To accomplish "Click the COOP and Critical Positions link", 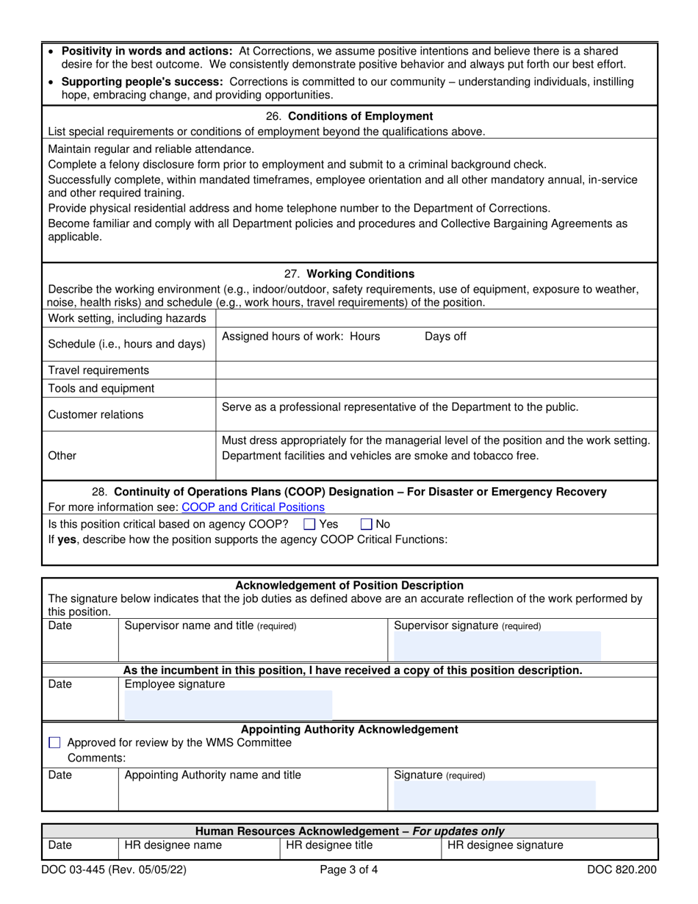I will click(253, 507).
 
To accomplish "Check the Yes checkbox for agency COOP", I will click(309, 524).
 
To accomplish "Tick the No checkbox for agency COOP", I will click(367, 524).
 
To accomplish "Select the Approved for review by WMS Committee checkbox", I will click(54, 743).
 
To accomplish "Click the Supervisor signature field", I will click(497, 646).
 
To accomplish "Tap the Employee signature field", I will click(228, 704).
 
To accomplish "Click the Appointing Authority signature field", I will click(494, 795).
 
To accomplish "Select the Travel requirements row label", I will click(98, 370).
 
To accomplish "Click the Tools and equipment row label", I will click(101, 388).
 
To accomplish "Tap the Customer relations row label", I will click(96, 415).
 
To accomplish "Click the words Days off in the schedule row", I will click(445, 337).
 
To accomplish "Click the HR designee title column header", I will click(329, 845).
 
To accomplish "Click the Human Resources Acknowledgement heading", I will click(349, 831).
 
